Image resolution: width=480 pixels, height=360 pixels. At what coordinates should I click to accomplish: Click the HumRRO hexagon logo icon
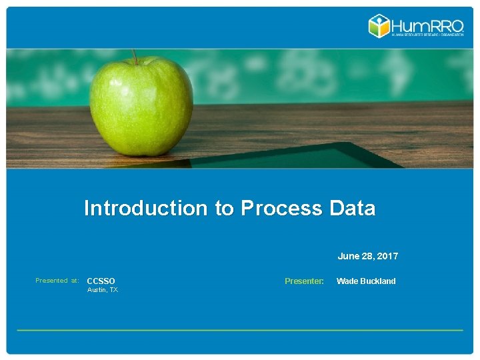[x=380, y=26]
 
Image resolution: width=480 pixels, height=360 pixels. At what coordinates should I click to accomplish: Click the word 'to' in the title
[x=224, y=209]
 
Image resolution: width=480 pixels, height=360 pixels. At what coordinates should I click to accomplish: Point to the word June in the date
[x=349, y=256]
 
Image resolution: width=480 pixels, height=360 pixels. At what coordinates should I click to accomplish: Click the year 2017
[x=387, y=256]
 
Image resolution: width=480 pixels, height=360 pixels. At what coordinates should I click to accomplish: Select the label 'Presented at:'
[x=57, y=281]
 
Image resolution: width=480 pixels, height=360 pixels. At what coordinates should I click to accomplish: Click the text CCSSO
[x=101, y=281]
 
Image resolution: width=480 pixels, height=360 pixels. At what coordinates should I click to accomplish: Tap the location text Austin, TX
[x=103, y=290]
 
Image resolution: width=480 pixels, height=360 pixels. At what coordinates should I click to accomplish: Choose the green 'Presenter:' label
[x=304, y=281]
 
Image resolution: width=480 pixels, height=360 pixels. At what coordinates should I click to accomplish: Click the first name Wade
[x=347, y=281]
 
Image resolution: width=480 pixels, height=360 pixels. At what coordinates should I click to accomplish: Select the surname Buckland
[x=377, y=281]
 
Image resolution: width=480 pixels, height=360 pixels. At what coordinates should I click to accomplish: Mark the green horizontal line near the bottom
[x=240, y=330]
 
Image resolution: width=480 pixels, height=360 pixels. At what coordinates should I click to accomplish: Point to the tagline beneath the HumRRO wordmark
[x=427, y=35]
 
